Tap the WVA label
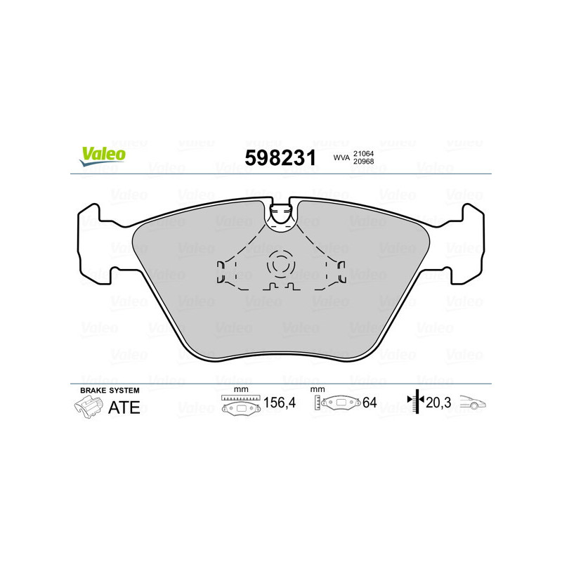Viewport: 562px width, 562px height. (341, 158)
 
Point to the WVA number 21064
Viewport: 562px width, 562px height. (363, 153)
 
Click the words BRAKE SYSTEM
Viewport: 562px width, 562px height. (110, 390)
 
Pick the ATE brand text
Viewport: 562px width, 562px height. (124, 407)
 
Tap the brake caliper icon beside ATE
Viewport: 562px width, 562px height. (88, 406)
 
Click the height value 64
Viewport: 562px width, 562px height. (370, 403)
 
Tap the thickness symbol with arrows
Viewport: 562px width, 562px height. (416, 402)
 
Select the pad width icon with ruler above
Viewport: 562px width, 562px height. (240, 404)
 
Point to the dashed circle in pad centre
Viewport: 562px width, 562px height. (280, 265)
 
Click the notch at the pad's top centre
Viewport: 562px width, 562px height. (281, 214)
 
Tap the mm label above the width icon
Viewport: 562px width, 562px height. (240, 389)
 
